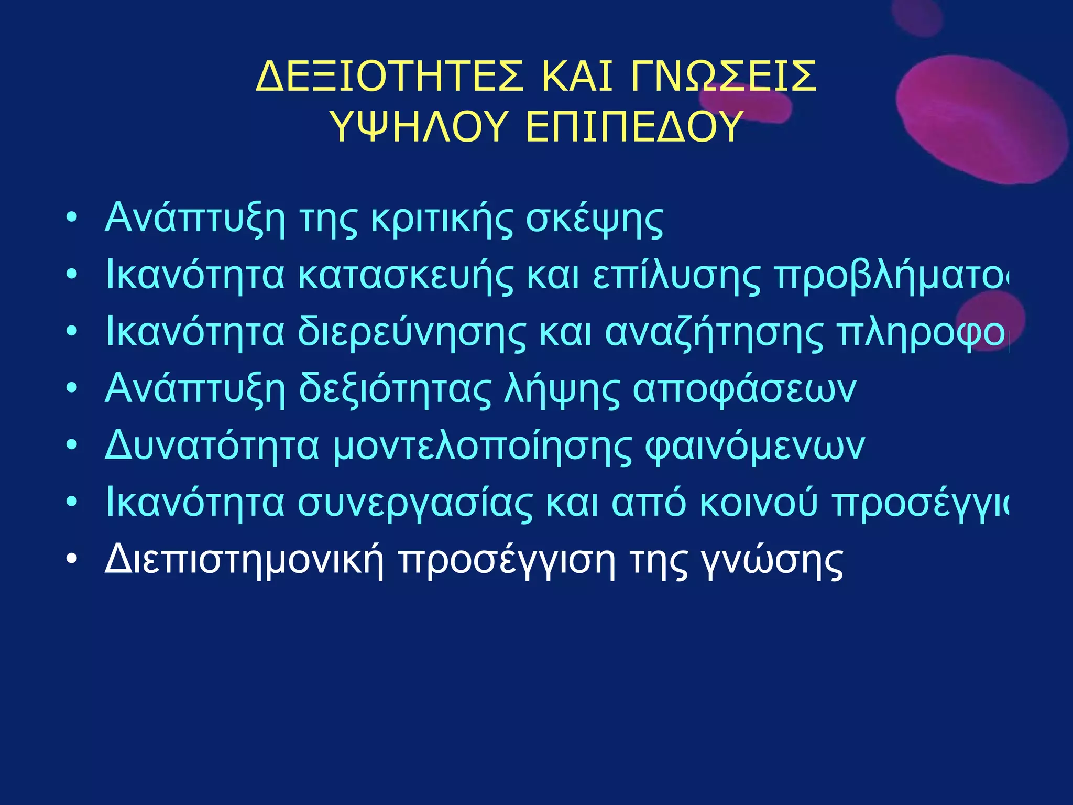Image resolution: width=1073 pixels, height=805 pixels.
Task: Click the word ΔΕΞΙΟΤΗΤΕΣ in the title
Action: [390, 77]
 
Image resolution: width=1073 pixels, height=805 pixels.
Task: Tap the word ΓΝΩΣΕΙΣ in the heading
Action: [724, 77]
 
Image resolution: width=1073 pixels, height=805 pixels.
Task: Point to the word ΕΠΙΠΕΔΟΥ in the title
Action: [634, 127]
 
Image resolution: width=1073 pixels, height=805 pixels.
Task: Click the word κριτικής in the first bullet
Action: [442, 219]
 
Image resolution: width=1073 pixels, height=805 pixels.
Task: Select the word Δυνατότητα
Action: [212, 446]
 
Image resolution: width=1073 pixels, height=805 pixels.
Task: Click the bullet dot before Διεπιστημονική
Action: [72, 559]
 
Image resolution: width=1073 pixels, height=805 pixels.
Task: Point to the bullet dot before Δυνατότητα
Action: [72, 445]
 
